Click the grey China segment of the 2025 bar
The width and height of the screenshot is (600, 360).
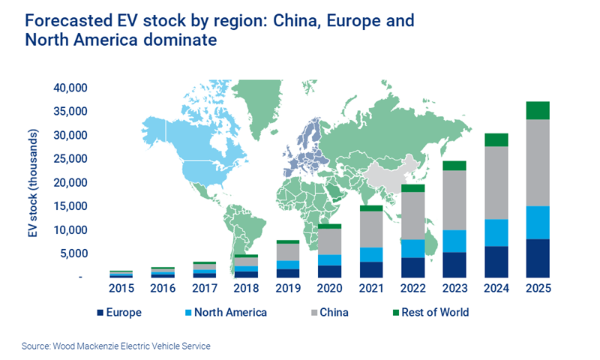tap(538, 163)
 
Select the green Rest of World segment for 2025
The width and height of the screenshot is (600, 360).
tap(538, 110)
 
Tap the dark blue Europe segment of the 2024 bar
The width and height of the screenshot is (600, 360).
tap(496, 262)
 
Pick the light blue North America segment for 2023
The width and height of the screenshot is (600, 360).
tap(454, 241)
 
